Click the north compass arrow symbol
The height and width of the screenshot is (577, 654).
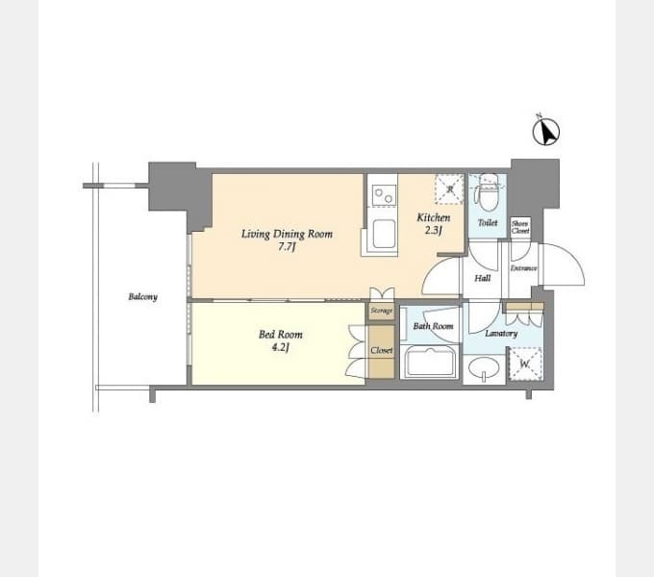point(546,132)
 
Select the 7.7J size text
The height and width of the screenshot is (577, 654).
point(287,247)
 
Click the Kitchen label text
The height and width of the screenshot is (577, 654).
point(433,217)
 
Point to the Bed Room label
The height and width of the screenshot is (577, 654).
point(280,335)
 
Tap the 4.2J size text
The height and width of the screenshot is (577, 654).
point(281,348)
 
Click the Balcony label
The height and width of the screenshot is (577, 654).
point(142,297)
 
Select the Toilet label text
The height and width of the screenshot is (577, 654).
point(488,222)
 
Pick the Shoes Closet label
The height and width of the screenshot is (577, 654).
point(520,227)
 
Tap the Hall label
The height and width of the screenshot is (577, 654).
point(483,278)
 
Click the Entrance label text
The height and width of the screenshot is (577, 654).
point(524,267)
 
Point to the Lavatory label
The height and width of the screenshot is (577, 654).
point(501,334)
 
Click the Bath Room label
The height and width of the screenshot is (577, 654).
point(433,326)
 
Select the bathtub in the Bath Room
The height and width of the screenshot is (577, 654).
point(431,363)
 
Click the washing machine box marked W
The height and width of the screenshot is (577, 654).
point(525,364)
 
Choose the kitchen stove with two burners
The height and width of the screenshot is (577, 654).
point(383,194)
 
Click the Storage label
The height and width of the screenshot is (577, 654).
point(382,312)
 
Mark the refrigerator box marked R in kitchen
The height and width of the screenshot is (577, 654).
point(448,189)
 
